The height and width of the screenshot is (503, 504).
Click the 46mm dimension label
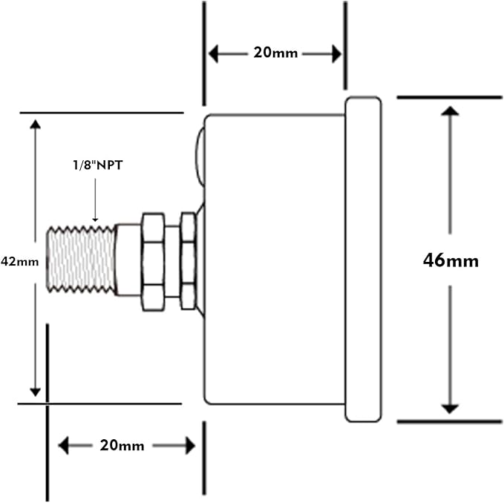(451, 260)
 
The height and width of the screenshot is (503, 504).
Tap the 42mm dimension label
(19, 261)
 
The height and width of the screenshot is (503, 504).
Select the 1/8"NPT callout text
(96, 166)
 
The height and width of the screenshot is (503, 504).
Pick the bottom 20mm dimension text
(122, 445)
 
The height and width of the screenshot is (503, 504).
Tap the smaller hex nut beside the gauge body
(189, 261)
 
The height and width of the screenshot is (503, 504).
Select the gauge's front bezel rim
(364, 259)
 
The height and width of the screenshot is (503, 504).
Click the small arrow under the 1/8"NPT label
(96, 214)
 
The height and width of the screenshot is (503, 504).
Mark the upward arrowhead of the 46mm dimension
(449, 112)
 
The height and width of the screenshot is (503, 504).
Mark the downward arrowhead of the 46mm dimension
(449, 407)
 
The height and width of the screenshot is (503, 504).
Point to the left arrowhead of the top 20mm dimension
(214, 53)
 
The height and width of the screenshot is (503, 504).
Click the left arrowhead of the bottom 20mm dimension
(63, 445)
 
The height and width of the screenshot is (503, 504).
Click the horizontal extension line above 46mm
(449, 96)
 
